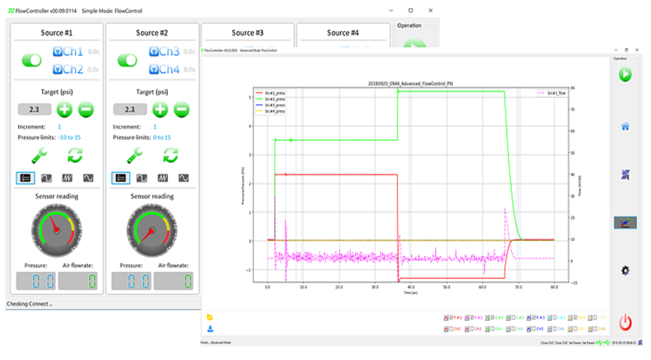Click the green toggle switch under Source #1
(x=32, y=60)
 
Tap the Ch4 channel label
(x=164, y=69)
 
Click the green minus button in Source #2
(x=181, y=109)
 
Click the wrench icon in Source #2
(x=135, y=154)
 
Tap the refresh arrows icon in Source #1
(x=76, y=154)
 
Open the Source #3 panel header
(x=247, y=33)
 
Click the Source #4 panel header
(x=343, y=33)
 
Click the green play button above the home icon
(x=625, y=75)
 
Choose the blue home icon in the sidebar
(x=625, y=126)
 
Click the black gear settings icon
(x=625, y=271)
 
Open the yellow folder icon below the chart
(x=210, y=317)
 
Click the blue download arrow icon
(x=210, y=328)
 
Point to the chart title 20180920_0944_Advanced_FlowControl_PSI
(x=411, y=83)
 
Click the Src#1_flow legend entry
(x=549, y=93)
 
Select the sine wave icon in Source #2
(x=183, y=178)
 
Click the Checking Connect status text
(x=29, y=304)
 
